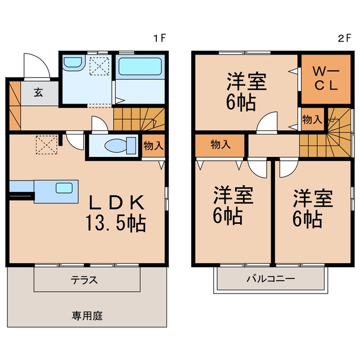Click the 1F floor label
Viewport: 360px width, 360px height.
[160, 39]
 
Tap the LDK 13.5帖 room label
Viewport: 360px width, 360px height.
[117, 213]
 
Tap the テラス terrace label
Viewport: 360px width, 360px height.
[84, 280]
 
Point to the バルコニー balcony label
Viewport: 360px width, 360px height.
[270, 280]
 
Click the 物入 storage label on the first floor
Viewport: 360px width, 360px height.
[154, 146]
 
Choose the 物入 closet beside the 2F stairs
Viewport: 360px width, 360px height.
[312, 119]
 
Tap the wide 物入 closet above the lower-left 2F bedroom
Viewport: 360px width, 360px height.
[220, 145]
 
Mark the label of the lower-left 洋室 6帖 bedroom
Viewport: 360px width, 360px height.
[233, 205]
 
